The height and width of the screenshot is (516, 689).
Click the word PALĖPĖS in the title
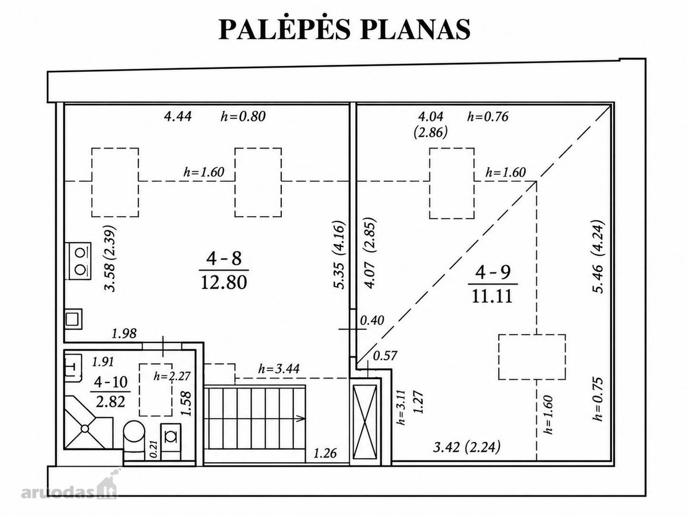284,29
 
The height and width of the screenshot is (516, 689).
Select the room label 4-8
224,259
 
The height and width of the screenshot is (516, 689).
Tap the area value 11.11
492,295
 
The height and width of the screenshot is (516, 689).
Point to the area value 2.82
110,401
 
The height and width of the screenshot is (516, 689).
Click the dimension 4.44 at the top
177,116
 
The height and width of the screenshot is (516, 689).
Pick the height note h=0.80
243,116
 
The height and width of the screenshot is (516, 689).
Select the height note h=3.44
278,369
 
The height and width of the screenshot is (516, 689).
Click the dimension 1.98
124,334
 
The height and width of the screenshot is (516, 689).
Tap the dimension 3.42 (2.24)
467,447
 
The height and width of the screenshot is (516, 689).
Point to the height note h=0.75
597,399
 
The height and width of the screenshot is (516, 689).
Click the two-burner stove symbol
78,261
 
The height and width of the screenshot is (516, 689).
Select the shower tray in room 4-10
88,423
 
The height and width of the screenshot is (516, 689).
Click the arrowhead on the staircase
300,418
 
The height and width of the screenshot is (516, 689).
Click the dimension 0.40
371,320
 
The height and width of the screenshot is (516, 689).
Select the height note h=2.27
172,376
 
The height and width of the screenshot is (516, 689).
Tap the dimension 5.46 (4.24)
597,257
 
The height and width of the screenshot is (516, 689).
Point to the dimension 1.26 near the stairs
325,454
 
